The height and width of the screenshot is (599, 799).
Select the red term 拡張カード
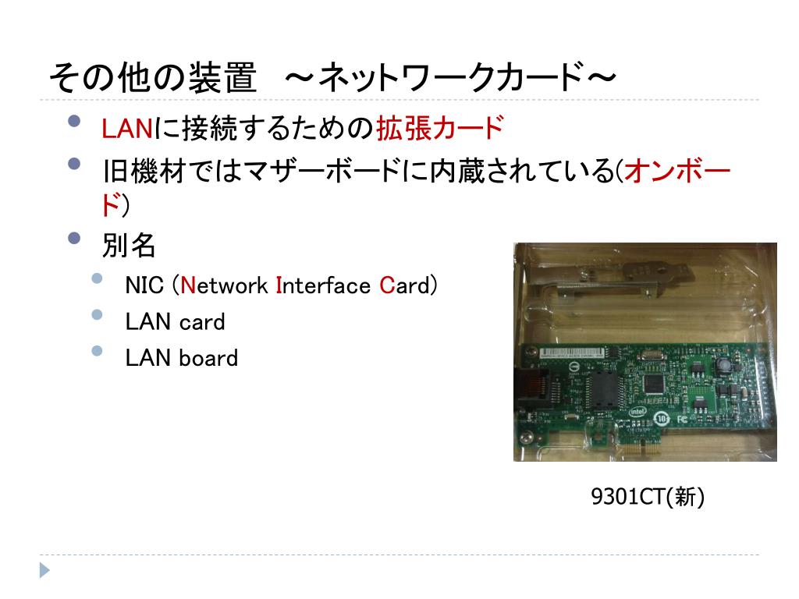(x=439, y=128)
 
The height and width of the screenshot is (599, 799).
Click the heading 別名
(x=129, y=246)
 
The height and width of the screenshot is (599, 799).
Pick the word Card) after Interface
(x=408, y=285)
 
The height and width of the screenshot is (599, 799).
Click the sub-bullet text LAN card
(x=175, y=321)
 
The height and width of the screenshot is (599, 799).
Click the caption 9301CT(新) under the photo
(x=648, y=497)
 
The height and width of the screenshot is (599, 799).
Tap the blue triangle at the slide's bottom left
(x=44, y=570)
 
